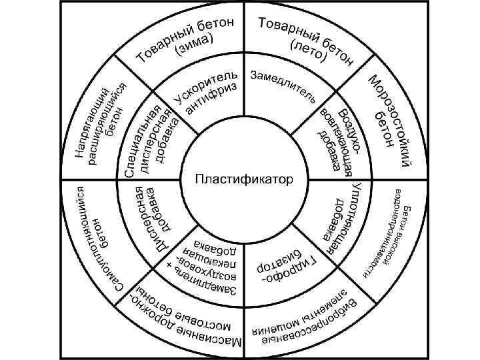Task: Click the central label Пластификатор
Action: tap(243, 179)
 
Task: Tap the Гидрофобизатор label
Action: tap(289, 267)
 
